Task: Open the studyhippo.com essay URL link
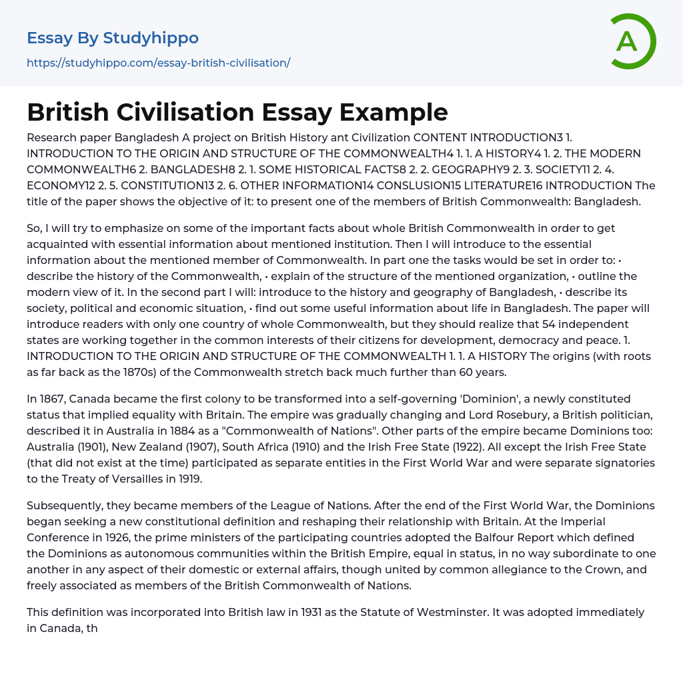click(158, 63)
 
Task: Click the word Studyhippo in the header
click(151, 38)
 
